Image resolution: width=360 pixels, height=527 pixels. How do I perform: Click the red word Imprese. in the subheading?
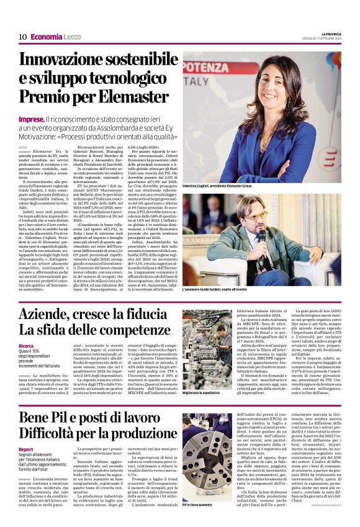(x=31, y=118)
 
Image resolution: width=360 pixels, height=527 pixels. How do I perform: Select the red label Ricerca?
(x=26, y=346)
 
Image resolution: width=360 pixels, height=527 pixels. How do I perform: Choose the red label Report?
(x=25, y=449)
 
